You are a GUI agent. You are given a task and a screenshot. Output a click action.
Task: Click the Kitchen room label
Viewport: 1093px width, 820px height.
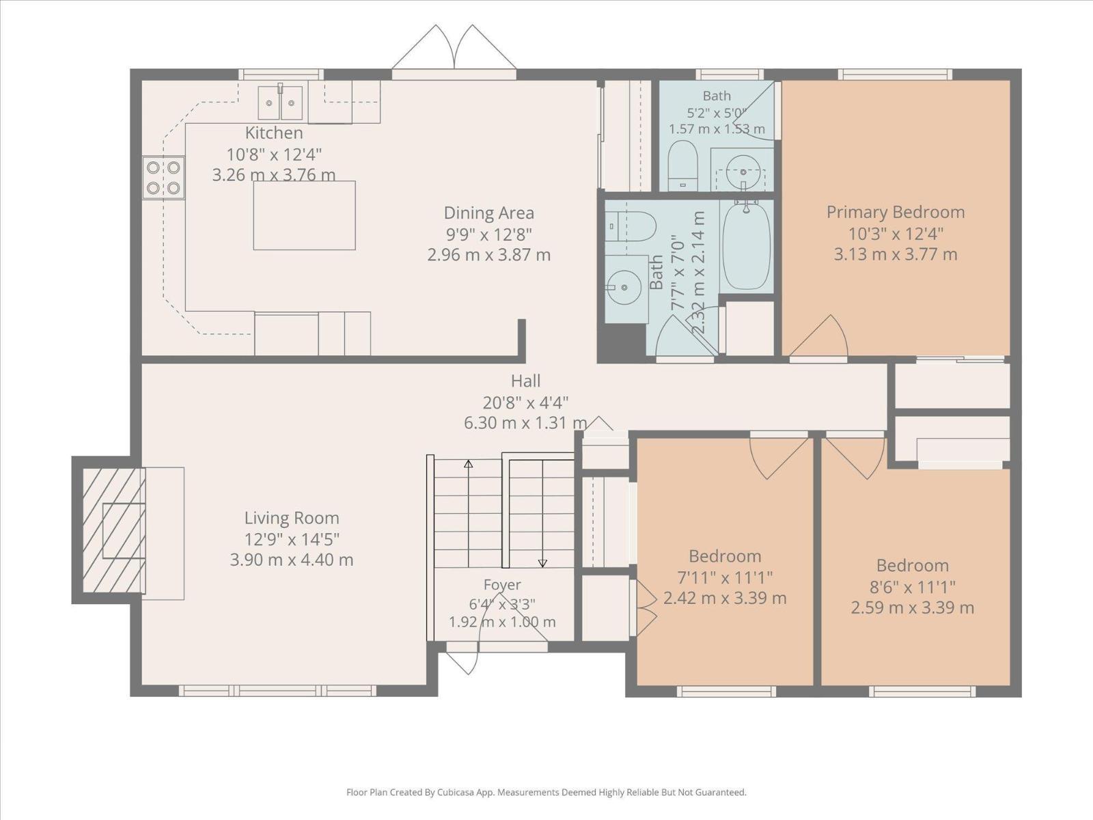274,133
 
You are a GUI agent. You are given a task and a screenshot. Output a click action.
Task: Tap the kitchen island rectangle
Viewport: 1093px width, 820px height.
304,215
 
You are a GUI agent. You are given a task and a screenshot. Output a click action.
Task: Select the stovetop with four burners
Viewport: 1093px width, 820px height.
163,178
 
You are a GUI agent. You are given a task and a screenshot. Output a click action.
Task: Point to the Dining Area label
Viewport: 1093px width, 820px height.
489,213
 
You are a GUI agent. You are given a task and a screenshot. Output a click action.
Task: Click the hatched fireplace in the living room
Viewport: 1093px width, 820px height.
114,530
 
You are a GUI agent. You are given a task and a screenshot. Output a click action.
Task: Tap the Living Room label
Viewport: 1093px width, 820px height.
292,518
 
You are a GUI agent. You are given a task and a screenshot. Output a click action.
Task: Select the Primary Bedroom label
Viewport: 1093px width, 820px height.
896,212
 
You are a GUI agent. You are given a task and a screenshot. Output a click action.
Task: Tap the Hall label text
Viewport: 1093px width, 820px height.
526,381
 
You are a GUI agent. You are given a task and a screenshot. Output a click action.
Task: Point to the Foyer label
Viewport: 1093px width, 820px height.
502,584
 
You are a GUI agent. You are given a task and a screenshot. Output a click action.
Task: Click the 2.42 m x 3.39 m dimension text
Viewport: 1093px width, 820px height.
725,598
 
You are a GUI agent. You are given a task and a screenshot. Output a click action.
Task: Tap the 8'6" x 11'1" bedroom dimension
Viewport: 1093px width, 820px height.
913,588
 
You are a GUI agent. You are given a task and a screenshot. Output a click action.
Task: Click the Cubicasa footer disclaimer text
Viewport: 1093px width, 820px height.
546,792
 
